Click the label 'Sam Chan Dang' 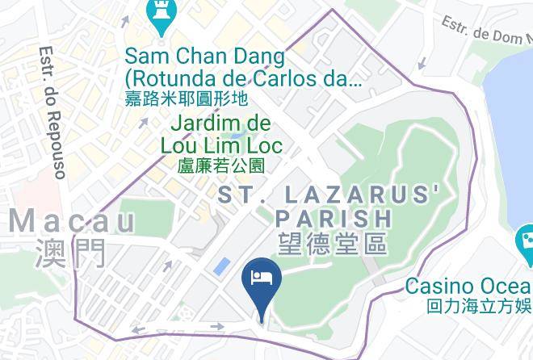206,57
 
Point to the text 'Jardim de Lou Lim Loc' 222,135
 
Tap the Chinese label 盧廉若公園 222,165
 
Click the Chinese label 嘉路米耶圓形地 186,98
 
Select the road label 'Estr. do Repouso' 51,111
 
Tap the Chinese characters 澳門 70,253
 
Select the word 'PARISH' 334,218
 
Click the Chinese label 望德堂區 331,243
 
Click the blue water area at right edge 517,145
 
